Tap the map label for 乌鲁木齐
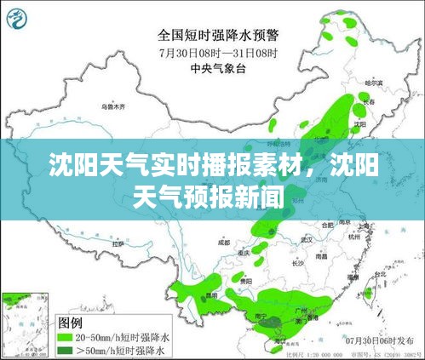pyautogui.click(x=113, y=108)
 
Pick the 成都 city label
pyautogui.click(x=223, y=243)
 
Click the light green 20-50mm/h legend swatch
pyautogui.click(x=66, y=337)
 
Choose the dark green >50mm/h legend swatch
pyautogui.click(x=66, y=349)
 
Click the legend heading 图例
pyautogui.click(x=69, y=323)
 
